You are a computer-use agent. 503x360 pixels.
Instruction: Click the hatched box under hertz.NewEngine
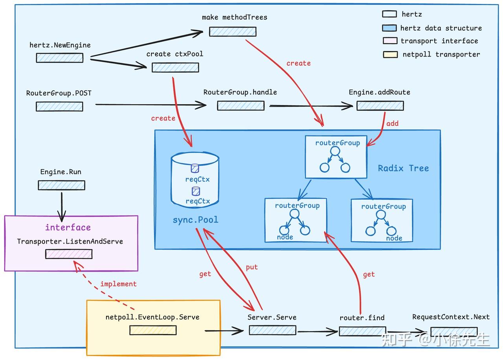60,58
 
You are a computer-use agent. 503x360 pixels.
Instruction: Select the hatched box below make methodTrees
233,31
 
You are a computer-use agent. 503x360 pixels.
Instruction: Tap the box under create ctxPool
175,67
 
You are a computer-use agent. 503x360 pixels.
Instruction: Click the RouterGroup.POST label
59,93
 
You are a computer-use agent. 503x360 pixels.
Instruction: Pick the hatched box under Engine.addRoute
380,105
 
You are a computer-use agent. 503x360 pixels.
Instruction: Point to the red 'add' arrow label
392,123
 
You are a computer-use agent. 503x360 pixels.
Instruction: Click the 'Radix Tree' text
403,168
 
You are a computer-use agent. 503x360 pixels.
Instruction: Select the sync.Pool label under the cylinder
195,220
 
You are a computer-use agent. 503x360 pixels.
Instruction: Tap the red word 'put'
252,267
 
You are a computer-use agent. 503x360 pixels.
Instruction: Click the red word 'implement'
118,284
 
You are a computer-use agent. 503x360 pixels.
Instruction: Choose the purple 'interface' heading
68,227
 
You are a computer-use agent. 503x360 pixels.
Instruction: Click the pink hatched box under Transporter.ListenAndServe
69,254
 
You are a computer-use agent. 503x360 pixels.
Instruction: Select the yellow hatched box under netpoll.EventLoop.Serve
153,330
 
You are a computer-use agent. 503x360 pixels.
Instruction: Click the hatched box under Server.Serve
272,330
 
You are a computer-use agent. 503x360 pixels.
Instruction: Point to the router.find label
362,318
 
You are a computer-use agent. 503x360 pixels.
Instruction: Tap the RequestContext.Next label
451,317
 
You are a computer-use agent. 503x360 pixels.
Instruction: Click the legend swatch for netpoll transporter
390,55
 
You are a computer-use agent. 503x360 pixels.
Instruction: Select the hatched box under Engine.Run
61,185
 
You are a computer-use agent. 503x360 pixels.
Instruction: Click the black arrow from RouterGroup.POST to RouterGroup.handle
149,105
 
